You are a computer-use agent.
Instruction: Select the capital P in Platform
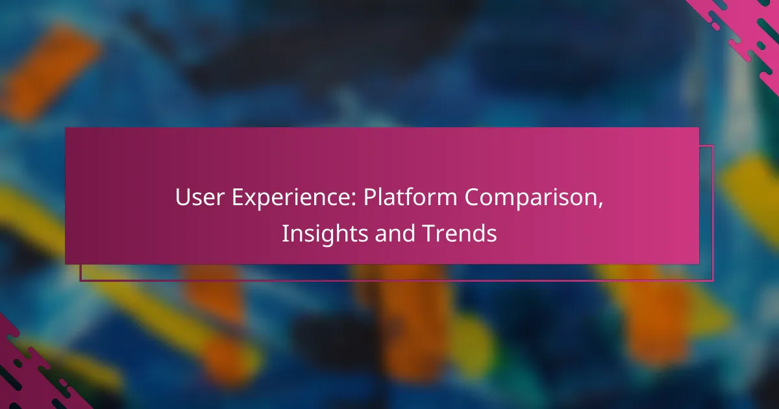(x=369, y=198)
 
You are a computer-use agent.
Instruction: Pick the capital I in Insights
(x=284, y=234)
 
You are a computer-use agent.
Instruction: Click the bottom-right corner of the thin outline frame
(x=713, y=280)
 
